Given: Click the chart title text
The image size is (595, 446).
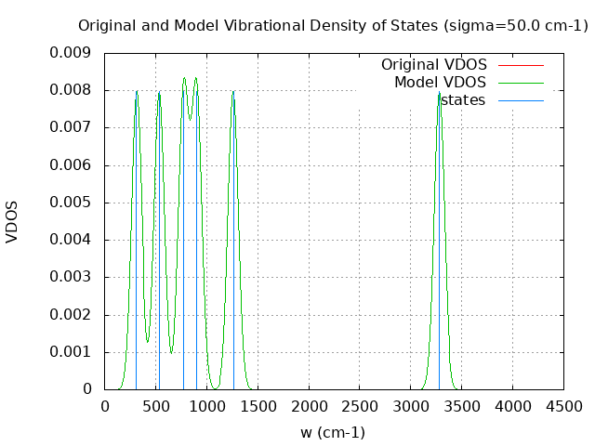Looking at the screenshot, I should [x=332, y=26].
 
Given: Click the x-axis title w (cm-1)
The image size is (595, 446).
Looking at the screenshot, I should [x=332, y=432].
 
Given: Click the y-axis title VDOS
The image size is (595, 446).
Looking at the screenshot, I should [x=12, y=221].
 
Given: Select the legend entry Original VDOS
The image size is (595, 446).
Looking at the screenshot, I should [x=433, y=65].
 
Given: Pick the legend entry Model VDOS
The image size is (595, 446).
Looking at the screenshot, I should [x=440, y=83].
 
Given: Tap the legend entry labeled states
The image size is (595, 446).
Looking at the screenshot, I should [x=462, y=99].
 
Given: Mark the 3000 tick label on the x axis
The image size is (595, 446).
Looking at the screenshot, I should [x=411, y=406].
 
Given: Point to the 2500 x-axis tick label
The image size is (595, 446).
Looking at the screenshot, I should [x=360, y=406].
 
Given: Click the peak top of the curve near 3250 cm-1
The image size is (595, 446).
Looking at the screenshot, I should [x=439, y=91].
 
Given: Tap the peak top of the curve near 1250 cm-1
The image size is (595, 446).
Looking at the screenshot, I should [x=233, y=91].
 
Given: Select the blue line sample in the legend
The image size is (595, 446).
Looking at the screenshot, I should [x=520, y=99].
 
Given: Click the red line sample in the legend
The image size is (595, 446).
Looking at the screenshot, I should [x=520, y=65].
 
